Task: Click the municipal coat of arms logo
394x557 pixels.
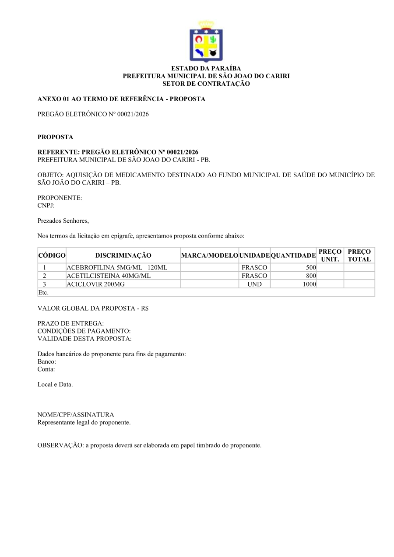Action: [x=206, y=42]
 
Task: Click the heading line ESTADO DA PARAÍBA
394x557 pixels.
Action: [x=206, y=68]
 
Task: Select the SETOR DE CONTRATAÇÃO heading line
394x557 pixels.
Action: [x=206, y=84]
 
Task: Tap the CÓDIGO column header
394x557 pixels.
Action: [x=52, y=256]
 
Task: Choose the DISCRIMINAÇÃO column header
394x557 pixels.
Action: [x=123, y=256]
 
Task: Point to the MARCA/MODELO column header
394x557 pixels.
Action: [x=209, y=256]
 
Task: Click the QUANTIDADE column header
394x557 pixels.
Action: [x=293, y=256]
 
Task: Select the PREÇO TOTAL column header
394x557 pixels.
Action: [x=359, y=256]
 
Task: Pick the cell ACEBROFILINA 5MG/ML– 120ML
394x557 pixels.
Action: [x=117, y=267]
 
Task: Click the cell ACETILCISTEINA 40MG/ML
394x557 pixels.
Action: [x=109, y=276]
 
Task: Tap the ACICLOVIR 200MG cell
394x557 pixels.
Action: [x=92, y=284]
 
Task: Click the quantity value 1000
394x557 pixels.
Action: [x=309, y=284]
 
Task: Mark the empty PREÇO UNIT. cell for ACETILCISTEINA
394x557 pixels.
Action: [x=330, y=276]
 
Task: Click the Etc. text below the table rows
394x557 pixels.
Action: [x=43, y=292]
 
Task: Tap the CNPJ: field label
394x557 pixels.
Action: [x=46, y=205]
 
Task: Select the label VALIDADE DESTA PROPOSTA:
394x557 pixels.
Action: [x=84, y=339]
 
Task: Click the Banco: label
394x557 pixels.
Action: [x=46, y=362]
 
